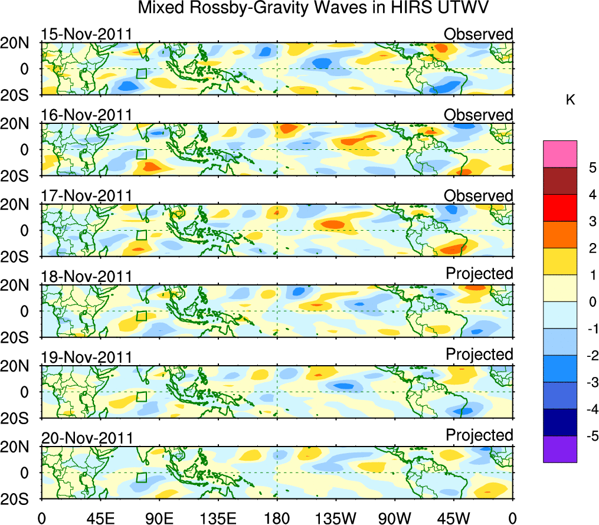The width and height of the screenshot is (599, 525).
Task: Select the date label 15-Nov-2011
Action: pos(87,34)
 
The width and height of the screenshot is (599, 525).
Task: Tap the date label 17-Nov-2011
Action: pos(87,196)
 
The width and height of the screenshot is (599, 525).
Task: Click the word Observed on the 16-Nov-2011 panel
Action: pos(479,115)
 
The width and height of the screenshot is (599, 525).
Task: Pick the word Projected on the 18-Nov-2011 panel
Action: pos(479,274)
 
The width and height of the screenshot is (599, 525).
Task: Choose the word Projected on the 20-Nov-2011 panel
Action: pos(479,435)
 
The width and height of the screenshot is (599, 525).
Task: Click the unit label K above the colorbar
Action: pos(571,100)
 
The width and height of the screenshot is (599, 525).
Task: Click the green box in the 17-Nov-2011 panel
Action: pos(141,235)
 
